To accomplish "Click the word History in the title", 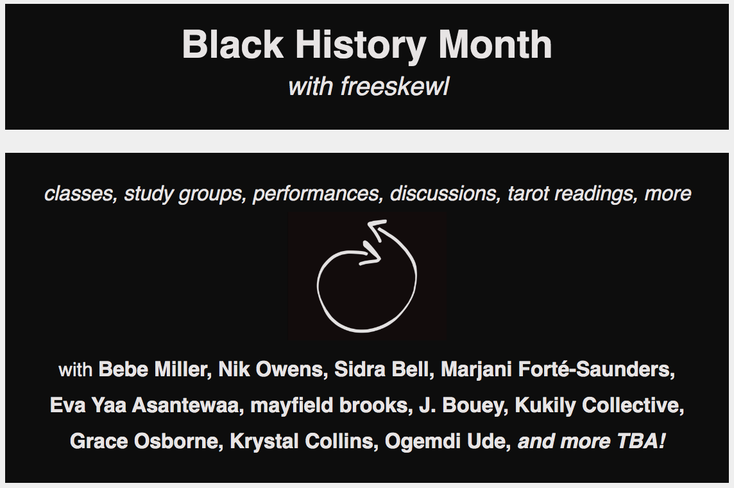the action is point(361,45).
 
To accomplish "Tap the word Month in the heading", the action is point(495,44).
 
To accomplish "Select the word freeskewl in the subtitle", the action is point(395,86).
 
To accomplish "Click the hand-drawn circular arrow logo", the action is point(366,275).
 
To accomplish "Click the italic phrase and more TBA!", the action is point(592,441).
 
